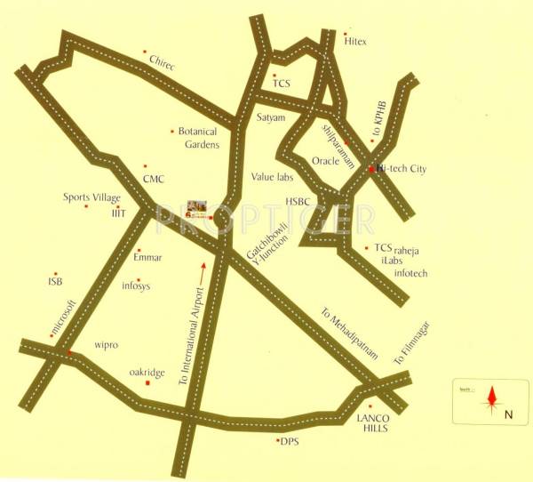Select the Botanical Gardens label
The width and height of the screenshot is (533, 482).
point(197,137)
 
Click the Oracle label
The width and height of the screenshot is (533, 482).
point(327,161)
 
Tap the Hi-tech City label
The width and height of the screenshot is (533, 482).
point(402,167)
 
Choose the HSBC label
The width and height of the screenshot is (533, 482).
point(298,202)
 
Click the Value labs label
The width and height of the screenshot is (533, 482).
point(270,176)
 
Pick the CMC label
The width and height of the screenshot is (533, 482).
point(154,178)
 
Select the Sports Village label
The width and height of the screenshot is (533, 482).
point(91,197)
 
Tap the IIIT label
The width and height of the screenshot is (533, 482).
point(119,213)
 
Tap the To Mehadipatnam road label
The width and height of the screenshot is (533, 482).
point(350,334)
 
